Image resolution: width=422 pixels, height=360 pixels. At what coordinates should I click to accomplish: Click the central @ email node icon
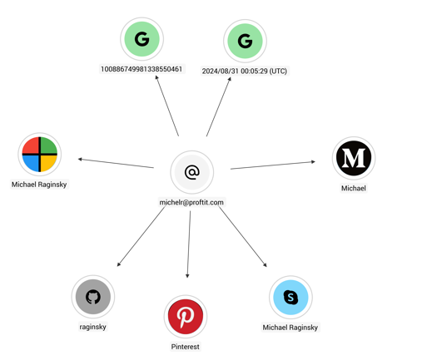click(x=192, y=172)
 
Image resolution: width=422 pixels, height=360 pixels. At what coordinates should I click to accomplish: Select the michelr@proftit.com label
click(x=191, y=202)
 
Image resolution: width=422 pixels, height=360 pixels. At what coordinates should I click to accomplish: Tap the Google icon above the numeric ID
click(x=141, y=39)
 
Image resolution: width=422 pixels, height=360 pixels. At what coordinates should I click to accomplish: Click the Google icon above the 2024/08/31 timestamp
click(x=245, y=41)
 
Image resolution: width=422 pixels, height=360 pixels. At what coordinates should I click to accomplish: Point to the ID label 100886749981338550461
click(x=141, y=69)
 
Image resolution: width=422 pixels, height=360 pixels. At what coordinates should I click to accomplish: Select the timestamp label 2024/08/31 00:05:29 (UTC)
click(x=245, y=71)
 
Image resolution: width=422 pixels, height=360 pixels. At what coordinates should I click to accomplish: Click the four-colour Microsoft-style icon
click(x=40, y=154)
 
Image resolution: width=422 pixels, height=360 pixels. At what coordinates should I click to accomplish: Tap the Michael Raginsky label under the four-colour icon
click(x=39, y=185)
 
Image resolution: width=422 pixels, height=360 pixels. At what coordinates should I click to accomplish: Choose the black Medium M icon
click(x=354, y=158)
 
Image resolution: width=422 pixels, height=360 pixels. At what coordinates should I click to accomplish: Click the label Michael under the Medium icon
click(x=354, y=188)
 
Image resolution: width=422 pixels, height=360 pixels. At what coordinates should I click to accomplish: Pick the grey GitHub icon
click(x=93, y=297)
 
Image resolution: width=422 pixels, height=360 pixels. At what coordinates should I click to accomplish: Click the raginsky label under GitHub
click(x=92, y=327)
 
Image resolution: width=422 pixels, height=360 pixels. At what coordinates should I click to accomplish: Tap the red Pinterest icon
click(x=186, y=317)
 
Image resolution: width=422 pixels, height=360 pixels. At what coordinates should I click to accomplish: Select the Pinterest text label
click(x=185, y=347)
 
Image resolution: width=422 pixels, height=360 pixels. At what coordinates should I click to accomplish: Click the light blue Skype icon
click(x=290, y=298)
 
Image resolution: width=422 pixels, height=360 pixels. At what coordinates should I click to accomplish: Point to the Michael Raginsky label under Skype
click(x=290, y=328)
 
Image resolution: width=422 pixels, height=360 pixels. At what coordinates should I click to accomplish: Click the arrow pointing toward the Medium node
click(x=273, y=165)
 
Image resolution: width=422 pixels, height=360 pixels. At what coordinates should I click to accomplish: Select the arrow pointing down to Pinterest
click(x=189, y=244)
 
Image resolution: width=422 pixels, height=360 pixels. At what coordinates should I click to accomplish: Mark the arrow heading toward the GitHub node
click(x=141, y=236)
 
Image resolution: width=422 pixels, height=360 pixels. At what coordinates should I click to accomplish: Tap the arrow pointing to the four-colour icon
click(x=116, y=163)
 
